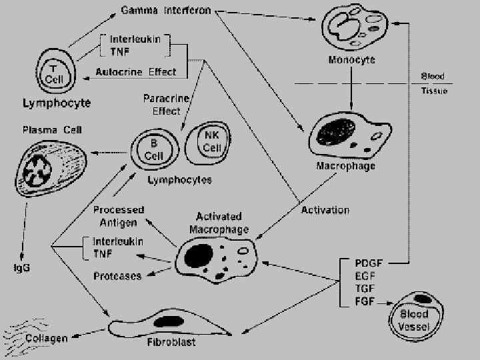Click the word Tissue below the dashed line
(434, 91)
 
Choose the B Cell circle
(154, 151)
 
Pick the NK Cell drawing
(212, 143)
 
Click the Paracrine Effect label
(161, 105)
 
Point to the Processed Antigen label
(118, 215)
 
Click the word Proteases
(117, 275)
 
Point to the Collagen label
(47, 338)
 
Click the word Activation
(325, 210)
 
